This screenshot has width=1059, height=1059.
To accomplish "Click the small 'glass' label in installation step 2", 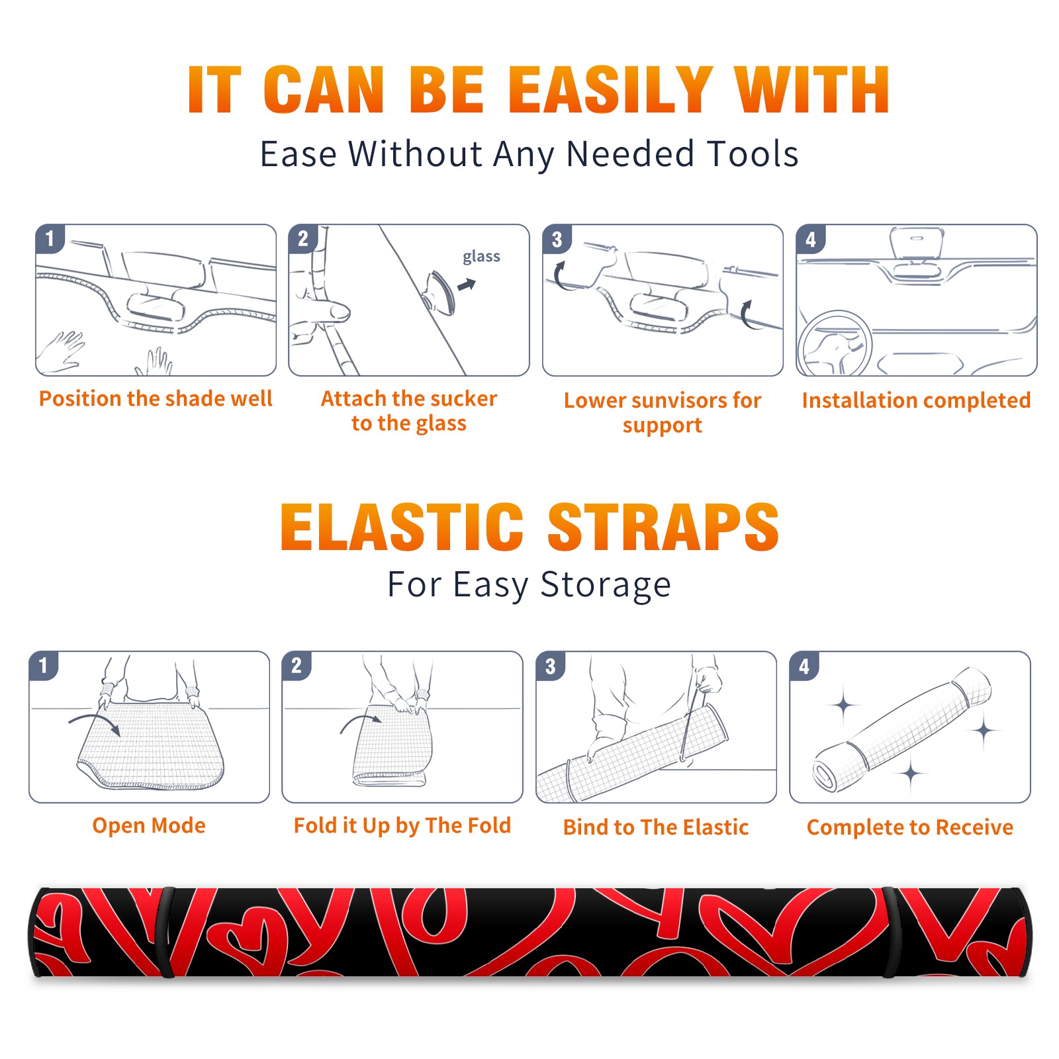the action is (481, 256).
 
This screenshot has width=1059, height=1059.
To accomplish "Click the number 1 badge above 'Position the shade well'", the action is (50, 238).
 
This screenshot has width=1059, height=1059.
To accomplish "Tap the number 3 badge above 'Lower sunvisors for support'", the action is (557, 239).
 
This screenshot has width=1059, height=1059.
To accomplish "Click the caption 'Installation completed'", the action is (916, 400).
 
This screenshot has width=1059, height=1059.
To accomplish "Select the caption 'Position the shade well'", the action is (156, 398).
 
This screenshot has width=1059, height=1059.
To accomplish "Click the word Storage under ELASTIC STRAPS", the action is (606, 585).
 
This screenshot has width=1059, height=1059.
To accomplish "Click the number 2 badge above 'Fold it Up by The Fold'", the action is (297, 665).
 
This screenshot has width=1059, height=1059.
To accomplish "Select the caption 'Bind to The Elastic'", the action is (655, 827).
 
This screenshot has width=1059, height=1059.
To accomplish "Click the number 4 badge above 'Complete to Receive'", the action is (804, 666).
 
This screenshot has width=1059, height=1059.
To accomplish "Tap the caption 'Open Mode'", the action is (149, 825).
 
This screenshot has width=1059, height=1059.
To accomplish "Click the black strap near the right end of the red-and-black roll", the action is (890, 933).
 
